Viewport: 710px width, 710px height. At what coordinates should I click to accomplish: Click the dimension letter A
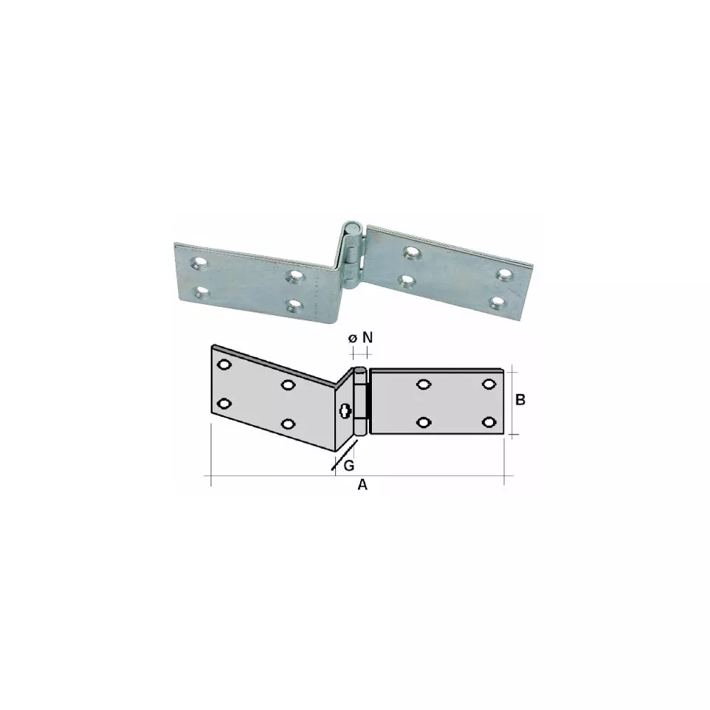[362, 485]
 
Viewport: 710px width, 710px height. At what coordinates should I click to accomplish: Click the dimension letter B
[520, 400]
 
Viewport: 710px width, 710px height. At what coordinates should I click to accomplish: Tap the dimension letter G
[349, 466]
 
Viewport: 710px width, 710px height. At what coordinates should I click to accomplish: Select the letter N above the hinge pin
[368, 337]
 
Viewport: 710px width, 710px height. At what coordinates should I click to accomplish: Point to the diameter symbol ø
[353, 338]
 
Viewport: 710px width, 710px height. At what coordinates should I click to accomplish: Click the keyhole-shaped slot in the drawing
[345, 411]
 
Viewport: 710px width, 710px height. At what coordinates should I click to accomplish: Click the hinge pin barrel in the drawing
[359, 401]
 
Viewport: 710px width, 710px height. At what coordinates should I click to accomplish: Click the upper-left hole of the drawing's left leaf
[224, 365]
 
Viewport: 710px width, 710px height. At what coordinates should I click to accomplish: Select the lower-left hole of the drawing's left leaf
[224, 404]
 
